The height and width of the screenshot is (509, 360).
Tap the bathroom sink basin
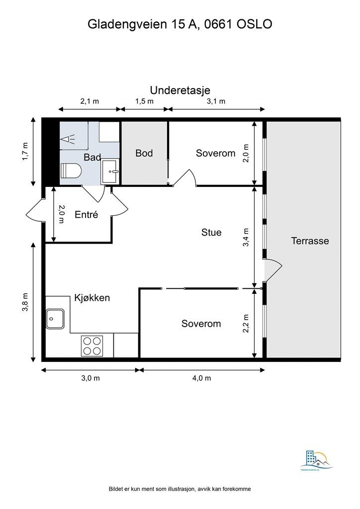[110, 172]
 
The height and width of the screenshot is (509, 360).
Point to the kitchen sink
[54, 319]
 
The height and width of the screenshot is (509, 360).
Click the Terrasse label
[310, 241]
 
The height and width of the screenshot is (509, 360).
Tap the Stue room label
[211, 232]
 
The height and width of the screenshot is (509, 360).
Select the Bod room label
[144, 153]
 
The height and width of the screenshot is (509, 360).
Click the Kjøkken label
[92, 298]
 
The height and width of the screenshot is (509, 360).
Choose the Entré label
[86, 215]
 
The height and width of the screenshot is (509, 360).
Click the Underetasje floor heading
[180, 90]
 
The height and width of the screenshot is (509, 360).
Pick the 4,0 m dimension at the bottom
[201, 378]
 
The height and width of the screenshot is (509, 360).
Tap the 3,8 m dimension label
[25, 302]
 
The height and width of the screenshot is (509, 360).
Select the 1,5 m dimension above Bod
[144, 101]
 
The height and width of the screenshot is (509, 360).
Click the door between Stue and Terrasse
[272, 271]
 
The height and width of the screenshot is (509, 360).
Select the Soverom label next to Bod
[215, 153]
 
